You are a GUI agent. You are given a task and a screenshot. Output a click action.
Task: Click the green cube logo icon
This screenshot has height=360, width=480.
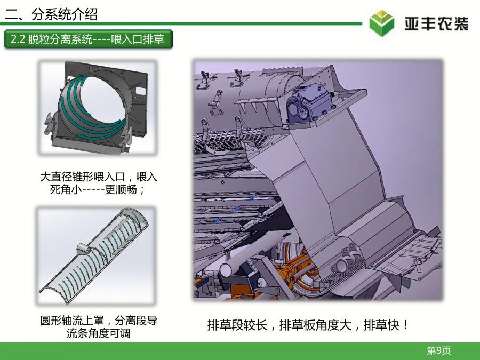(381, 23)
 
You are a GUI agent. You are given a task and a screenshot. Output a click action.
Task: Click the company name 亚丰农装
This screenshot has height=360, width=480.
(436, 24)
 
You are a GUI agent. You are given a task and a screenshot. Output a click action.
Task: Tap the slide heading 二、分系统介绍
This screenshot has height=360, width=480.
(51, 14)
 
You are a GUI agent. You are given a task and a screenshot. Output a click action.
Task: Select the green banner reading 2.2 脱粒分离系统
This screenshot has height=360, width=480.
(89, 39)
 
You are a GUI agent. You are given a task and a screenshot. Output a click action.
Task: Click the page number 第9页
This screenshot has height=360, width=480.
(439, 350)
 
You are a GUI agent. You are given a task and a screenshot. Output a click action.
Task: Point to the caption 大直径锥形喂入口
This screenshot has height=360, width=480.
(83, 177)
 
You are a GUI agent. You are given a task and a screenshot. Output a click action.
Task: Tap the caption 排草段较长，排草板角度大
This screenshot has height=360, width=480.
(279, 325)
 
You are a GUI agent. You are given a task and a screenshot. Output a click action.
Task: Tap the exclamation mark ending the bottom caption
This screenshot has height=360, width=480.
(406, 325)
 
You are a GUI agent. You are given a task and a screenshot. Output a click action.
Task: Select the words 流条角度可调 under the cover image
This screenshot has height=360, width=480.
(99, 333)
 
